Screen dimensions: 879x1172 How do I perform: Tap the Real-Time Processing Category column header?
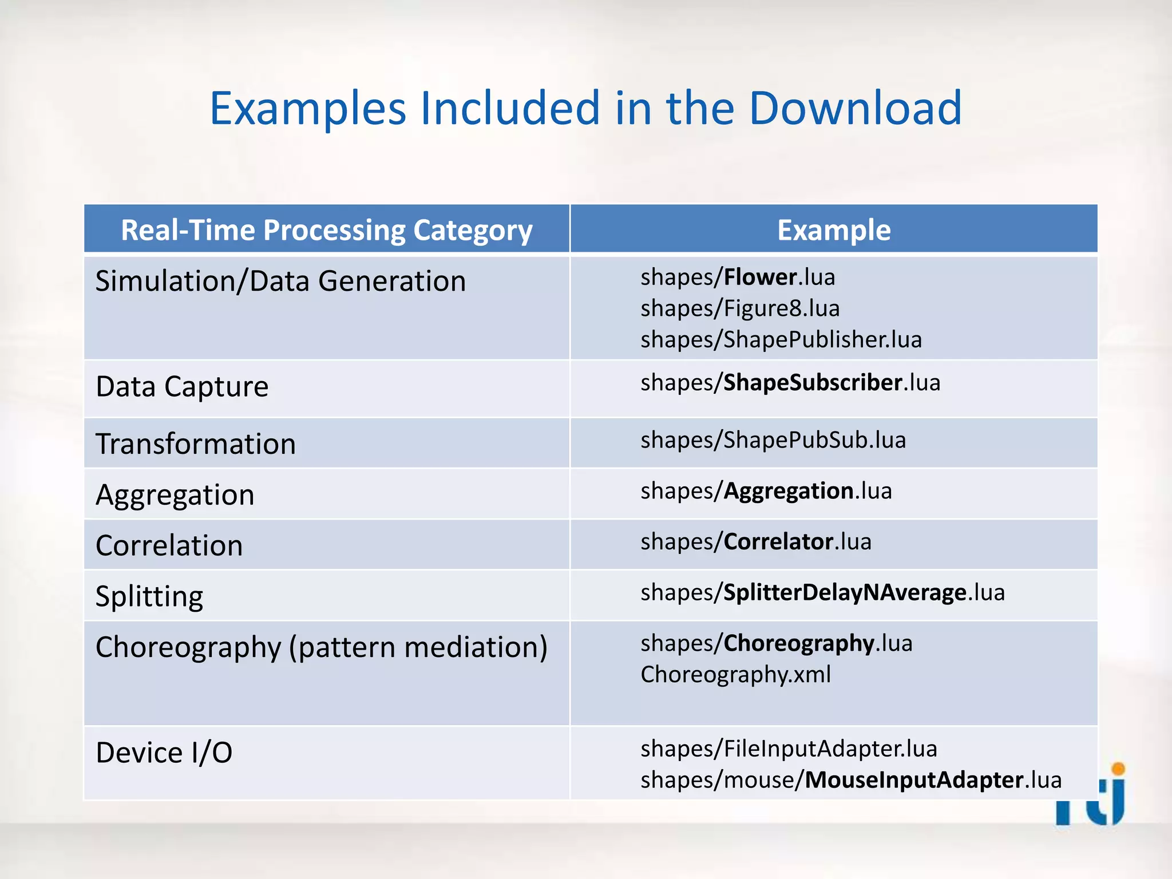[x=326, y=230]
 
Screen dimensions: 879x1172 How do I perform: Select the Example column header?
[x=833, y=230]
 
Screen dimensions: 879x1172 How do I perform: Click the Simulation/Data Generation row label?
[x=280, y=281]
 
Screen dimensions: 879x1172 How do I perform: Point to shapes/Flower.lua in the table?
[x=737, y=277]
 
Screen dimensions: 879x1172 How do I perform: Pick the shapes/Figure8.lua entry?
[x=739, y=308]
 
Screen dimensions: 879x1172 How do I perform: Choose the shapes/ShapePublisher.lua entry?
[x=781, y=339]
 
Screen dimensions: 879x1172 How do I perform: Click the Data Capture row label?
[x=182, y=386]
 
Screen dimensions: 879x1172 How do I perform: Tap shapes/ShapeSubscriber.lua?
[x=790, y=382]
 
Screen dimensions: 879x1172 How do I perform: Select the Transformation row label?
[x=196, y=444]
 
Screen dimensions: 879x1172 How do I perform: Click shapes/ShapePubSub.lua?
[x=773, y=440]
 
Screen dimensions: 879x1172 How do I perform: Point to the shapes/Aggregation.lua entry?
[x=766, y=491]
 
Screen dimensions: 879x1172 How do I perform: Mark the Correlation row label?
[x=169, y=545]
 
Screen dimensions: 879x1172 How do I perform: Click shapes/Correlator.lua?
[x=755, y=541]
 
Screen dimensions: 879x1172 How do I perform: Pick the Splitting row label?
[x=149, y=596]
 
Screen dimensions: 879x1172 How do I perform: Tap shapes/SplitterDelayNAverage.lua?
[x=822, y=592]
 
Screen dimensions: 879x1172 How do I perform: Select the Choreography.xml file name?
[x=735, y=674]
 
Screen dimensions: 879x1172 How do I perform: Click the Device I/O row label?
[x=164, y=752]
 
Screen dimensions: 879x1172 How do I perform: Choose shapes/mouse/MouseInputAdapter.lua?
[x=850, y=780]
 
